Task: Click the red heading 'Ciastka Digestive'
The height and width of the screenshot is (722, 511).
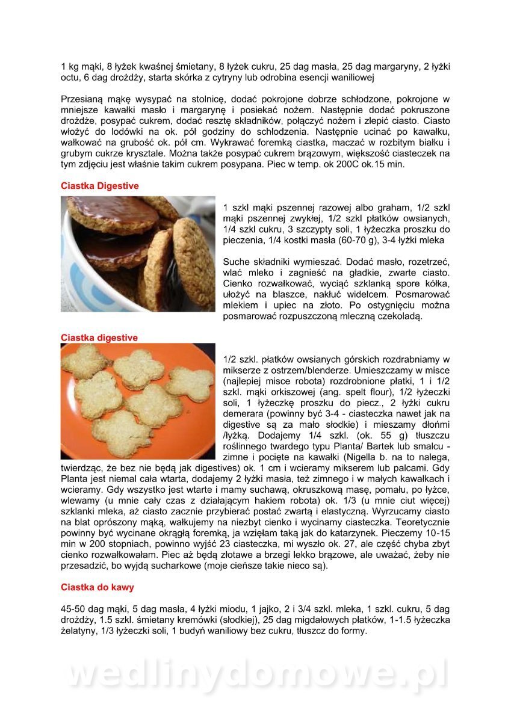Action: coord(100,186)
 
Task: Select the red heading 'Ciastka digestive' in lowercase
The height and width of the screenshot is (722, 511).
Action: coord(99,338)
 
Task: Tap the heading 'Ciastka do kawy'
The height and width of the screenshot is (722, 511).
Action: coord(98,587)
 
